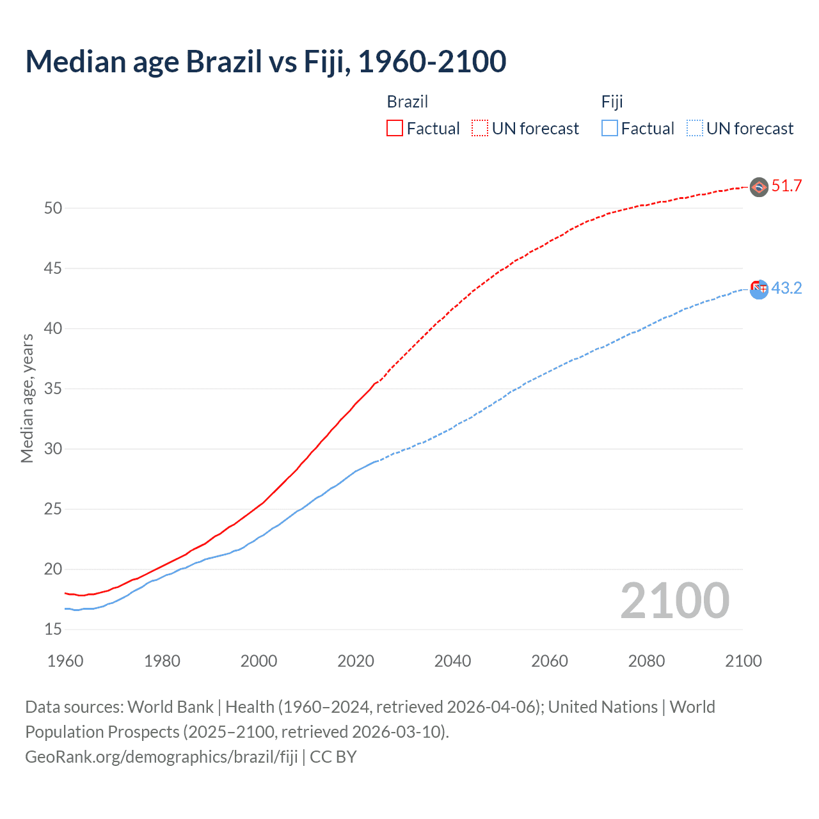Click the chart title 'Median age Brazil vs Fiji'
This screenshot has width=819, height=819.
266,62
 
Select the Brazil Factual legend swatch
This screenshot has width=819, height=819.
395,129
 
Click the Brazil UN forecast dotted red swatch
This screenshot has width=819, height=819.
480,129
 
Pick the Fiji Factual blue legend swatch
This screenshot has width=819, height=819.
610,129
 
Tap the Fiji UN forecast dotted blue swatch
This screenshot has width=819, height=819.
695,129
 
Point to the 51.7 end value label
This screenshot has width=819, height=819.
786,186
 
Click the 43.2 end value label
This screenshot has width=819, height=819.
786,289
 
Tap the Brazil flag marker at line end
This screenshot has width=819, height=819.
759,187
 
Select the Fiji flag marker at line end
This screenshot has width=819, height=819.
759,289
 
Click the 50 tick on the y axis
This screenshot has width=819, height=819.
53,209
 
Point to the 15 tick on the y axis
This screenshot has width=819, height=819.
53,630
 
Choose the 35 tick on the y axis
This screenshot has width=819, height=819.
53,389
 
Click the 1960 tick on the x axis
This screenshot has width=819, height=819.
65,661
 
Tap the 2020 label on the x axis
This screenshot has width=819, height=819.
356,661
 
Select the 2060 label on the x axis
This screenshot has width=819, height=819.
550,661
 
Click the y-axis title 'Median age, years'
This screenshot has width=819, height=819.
27,398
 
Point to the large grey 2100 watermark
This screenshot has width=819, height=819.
674,600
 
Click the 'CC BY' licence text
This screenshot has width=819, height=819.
333,757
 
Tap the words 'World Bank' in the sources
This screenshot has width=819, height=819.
170,707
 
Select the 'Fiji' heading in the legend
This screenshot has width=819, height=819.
612,102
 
